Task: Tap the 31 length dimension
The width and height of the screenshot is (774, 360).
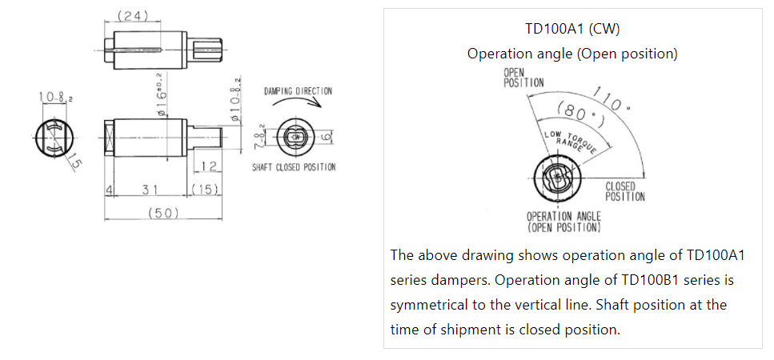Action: [148, 190]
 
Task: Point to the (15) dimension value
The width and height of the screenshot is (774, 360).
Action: [205, 190]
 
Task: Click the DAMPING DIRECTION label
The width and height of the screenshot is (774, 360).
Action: [298, 91]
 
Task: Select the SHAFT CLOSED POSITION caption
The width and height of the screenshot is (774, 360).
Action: [294, 167]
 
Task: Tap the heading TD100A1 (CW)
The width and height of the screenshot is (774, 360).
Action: [572, 29]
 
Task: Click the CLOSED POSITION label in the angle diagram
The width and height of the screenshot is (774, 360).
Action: [624, 192]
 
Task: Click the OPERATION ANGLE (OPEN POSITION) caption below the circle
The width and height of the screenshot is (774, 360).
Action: [563, 222]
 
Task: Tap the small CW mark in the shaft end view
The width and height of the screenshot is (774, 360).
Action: [296, 137]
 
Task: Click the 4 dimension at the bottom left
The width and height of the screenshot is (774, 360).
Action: [107, 190]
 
